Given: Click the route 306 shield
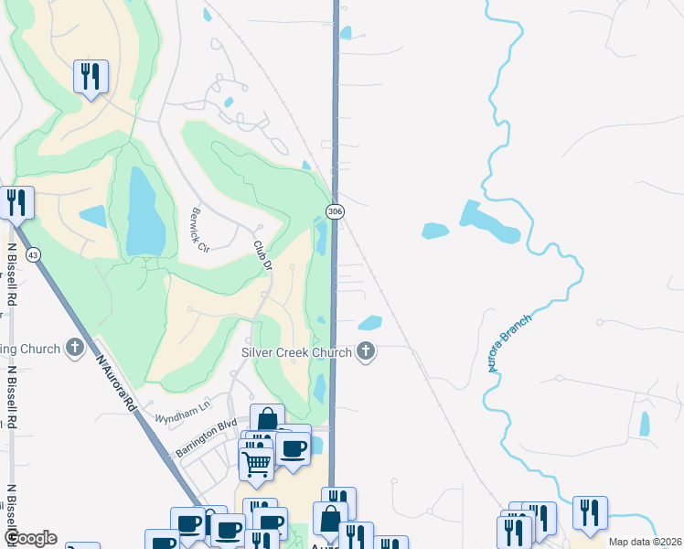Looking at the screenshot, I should (x=336, y=211).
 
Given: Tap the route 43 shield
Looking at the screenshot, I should (x=33, y=253).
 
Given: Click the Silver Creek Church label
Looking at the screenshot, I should (x=296, y=352).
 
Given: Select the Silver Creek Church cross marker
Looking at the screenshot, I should (x=366, y=350).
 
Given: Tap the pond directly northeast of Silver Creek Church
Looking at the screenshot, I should (x=369, y=322).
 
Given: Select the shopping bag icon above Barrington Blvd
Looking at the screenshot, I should (x=266, y=420).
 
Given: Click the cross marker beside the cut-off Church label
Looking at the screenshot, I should (x=75, y=348).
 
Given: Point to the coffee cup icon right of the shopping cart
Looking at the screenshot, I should (x=294, y=448).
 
